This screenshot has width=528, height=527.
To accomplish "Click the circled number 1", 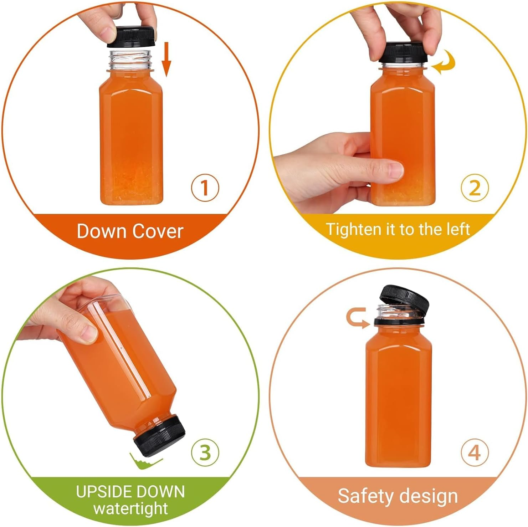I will point(205,188).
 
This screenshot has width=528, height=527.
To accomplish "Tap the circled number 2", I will point(474,188).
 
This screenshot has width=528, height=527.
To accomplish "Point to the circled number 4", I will point(474,452).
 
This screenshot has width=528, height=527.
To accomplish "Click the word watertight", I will point(130,508).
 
